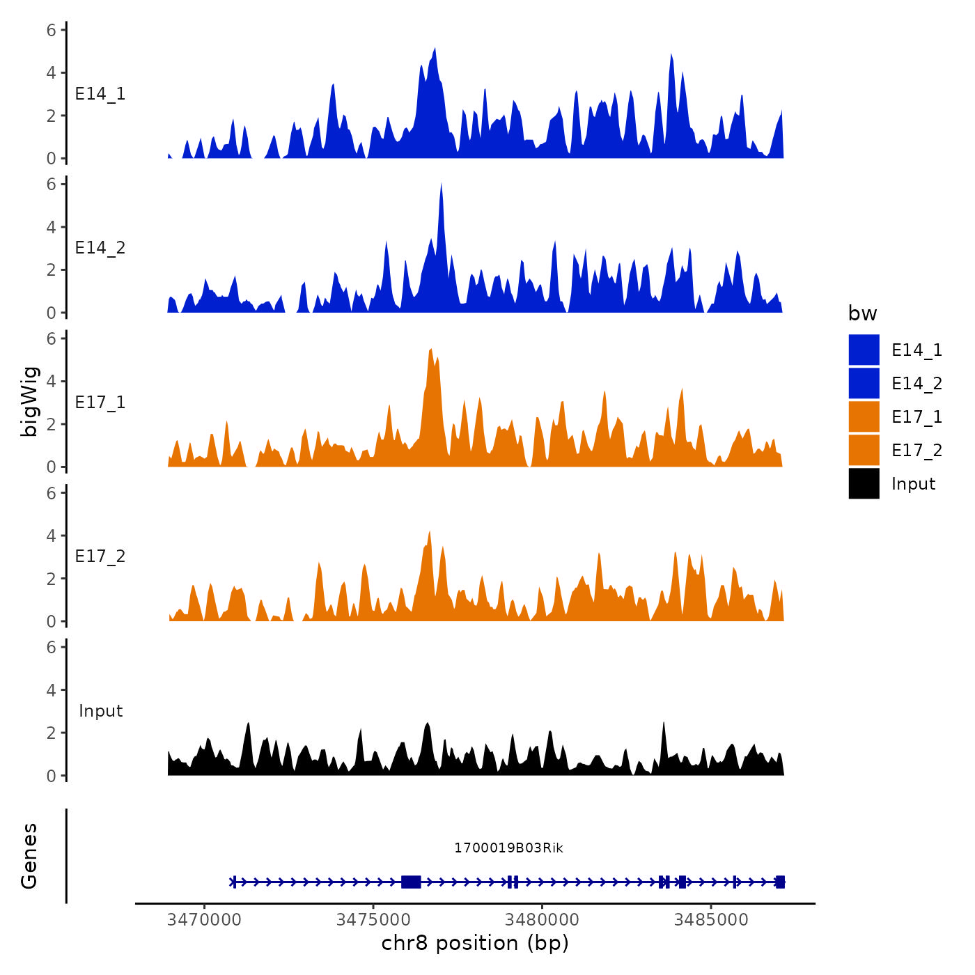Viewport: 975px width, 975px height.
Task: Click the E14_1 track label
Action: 100,94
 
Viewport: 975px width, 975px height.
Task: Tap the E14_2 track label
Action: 100,248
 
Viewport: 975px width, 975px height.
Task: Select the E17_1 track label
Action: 100,403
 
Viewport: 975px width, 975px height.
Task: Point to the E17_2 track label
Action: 100,556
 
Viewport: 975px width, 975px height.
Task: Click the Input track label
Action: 100,711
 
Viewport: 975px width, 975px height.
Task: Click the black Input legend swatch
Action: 864,483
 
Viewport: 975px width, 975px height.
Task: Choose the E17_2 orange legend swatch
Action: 864,450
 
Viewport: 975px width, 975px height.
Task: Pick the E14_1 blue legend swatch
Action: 864,350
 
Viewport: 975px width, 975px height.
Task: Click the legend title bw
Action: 862,313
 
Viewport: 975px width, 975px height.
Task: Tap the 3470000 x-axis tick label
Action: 205,920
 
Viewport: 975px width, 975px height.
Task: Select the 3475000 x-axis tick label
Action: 373,920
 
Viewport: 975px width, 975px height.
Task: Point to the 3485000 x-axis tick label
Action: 711,920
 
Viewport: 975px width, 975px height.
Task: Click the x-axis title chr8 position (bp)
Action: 475,943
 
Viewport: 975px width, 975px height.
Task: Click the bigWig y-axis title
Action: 30,402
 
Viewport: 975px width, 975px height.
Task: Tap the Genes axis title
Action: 29,856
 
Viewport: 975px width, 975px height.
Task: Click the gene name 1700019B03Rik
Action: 508,848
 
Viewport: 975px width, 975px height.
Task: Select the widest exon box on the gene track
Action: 411,882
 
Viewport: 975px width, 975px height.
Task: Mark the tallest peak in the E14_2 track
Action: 441,185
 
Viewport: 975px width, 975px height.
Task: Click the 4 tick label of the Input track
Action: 52,690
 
